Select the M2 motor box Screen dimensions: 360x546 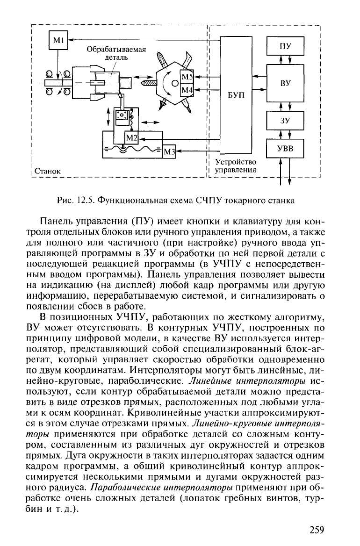132,138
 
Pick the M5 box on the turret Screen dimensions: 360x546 187,77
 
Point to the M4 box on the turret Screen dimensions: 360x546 187,90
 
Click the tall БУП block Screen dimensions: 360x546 236,94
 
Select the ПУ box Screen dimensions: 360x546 285,46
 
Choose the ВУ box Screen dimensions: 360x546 285,83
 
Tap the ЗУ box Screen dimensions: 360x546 285,121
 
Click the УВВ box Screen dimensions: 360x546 285,148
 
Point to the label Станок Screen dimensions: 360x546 47,171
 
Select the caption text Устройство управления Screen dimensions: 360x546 236,166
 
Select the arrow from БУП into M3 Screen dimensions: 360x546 198,151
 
